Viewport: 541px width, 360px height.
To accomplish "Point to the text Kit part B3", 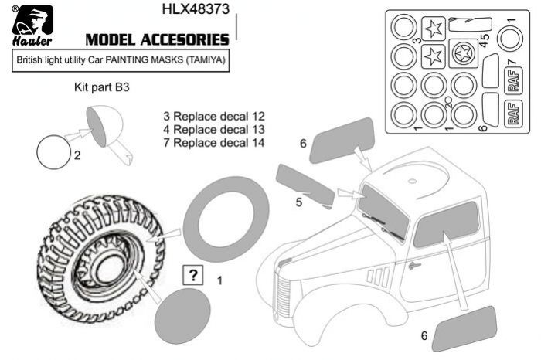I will [101, 88].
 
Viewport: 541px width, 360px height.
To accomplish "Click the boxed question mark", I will [192, 276].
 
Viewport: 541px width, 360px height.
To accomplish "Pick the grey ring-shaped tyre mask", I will [226, 216].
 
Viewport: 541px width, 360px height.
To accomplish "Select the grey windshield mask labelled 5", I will [305, 185].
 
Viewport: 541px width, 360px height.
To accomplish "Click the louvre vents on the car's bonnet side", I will [377, 274].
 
